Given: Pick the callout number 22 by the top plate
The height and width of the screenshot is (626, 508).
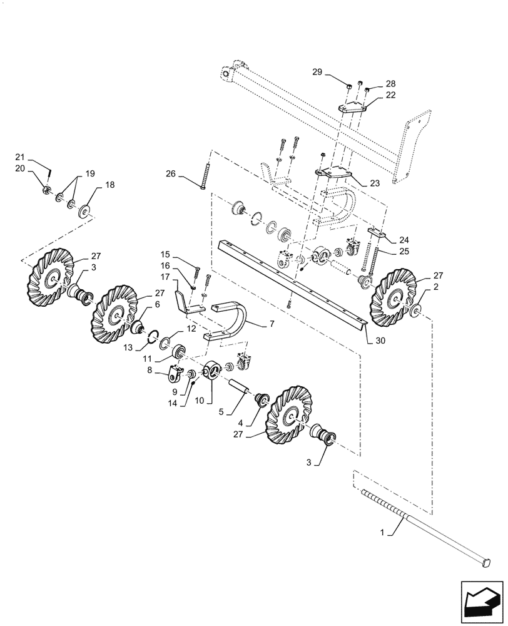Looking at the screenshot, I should pyautogui.click(x=390, y=95).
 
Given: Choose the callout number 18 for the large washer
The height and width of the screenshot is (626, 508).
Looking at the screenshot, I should pyautogui.click(x=110, y=185).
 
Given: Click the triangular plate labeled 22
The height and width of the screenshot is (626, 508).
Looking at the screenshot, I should pyautogui.click(x=353, y=109).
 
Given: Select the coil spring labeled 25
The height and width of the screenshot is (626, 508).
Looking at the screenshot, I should pyautogui.click(x=375, y=260).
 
